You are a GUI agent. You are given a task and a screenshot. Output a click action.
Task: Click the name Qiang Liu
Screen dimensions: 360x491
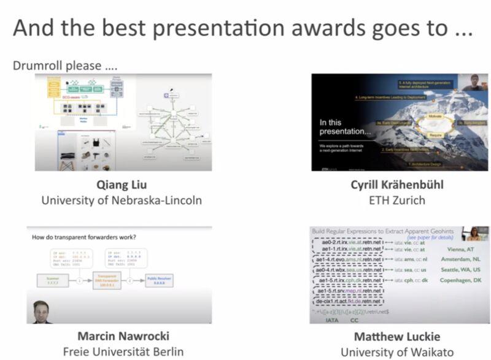tap(122, 185)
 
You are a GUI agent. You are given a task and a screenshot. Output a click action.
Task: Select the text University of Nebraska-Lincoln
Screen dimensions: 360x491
tap(122, 200)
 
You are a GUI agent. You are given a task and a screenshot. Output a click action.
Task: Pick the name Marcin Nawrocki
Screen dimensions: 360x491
tap(123, 336)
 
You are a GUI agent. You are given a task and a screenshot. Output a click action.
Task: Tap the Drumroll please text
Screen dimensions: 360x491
tap(65, 65)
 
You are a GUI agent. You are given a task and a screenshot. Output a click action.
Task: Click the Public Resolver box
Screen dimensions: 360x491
tap(163, 280)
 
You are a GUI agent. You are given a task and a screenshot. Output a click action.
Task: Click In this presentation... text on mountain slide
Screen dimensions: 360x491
tap(342, 127)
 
